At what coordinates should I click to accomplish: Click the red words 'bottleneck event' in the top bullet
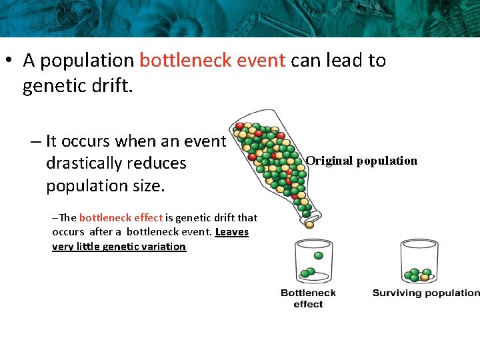[213, 61]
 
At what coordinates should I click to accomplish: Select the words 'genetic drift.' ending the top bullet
[78, 87]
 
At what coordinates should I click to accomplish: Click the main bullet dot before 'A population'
[10, 61]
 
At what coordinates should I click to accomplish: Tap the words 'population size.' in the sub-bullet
[105, 185]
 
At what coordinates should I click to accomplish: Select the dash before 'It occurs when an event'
[35, 141]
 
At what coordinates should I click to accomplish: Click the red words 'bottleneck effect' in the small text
[121, 217]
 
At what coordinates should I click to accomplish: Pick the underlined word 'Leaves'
[231, 232]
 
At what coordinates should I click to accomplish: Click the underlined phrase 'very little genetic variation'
[119, 247]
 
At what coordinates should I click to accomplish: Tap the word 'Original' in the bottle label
[329, 161]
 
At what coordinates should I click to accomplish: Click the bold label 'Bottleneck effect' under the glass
[308, 298]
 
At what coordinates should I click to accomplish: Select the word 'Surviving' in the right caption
[395, 293]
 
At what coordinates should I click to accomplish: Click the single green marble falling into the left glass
[318, 255]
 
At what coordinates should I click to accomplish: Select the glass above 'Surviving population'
[419, 262]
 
